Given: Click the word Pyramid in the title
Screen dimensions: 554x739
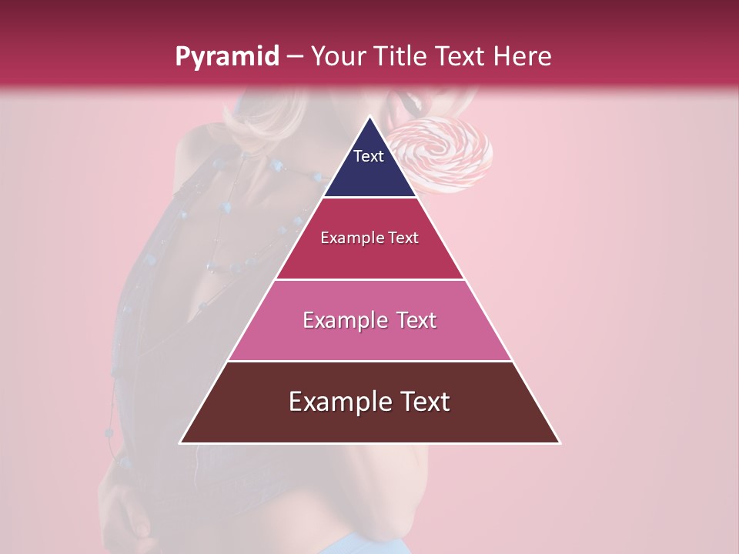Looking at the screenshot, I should pyautogui.click(x=227, y=57).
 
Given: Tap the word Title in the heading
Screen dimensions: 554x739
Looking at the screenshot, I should pyautogui.click(x=403, y=56).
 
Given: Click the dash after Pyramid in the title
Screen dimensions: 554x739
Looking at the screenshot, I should pyautogui.click(x=295, y=58).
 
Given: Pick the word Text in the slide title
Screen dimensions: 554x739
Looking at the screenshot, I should pyautogui.click(x=461, y=56).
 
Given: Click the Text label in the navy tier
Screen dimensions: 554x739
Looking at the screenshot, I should pyautogui.click(x=369, y=156).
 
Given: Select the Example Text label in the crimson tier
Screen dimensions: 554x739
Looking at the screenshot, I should pyautogui.click(x=369, y=238).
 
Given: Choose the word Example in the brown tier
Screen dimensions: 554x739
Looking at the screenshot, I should pyautogui.click(x=336, y=402).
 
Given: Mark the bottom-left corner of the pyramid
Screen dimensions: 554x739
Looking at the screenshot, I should pyautogui.click(x=181, y=442).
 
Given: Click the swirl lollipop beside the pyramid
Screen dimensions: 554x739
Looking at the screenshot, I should pyautogui.click(x=446, y=154).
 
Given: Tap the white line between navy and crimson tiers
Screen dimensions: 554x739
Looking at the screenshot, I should pyautogui.click(x=369, y=198).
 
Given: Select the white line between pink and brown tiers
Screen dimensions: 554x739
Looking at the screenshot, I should pyautogui.click(x=369, y=361).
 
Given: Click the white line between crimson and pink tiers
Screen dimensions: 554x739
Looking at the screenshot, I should pyautogui.click(x=369, y=279).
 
